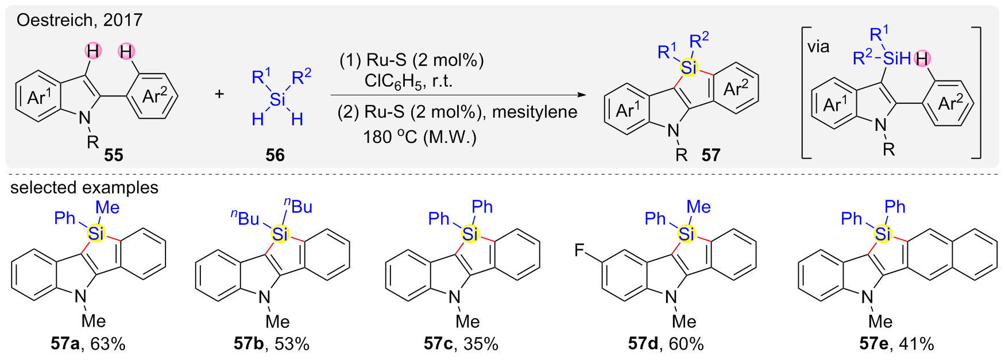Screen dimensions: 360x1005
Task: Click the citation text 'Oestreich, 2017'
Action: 79,20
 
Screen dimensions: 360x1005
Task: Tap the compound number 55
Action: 114,155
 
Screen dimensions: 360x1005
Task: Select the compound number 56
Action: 275,155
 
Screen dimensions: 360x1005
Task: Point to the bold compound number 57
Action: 710,155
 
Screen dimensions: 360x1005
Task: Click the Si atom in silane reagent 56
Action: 277,100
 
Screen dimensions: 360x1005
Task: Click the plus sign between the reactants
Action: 219,94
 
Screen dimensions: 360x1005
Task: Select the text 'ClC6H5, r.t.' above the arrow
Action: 408,81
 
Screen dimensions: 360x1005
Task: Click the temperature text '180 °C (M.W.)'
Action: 420,137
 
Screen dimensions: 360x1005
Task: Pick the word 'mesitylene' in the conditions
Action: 535,111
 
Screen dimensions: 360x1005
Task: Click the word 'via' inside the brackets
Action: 818,47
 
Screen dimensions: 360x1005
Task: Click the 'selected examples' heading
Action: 84,188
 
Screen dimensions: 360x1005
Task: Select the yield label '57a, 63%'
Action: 88,344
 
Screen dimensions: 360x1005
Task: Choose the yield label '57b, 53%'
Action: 272,344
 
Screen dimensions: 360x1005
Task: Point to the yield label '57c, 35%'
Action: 461,344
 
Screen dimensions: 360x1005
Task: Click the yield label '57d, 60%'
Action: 666,344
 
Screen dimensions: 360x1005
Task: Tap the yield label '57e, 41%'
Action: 896,344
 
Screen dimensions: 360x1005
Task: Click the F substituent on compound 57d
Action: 580,251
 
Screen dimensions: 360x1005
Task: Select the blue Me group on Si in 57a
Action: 107,207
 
